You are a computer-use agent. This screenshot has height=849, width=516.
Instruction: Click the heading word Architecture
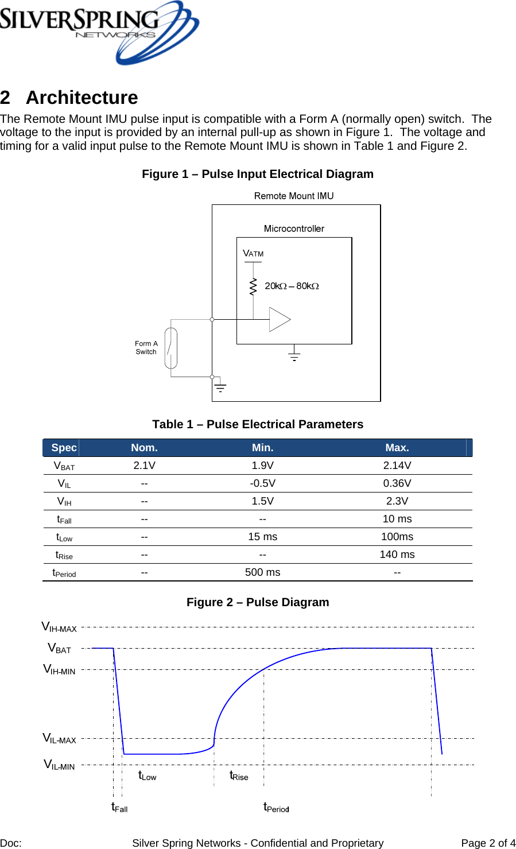point(82,98)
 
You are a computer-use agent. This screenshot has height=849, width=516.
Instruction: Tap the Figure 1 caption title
point(258,174)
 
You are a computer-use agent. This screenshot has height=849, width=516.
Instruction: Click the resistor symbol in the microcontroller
point(253,286)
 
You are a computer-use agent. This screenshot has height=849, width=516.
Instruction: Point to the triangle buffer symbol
point(279,320)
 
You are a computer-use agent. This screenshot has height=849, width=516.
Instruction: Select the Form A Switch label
point(146,348)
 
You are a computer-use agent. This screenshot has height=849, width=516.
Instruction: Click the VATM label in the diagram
point(253,253)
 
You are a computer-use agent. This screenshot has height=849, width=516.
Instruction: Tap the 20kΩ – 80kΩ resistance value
point(292,286)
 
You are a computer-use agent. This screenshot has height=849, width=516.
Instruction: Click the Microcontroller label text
point(294,228)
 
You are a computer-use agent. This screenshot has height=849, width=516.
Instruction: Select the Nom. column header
point(144,448)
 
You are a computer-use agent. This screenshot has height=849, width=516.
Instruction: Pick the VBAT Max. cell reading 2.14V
point(397,466)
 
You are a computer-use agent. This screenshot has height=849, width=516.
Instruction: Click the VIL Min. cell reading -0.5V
point(262,483)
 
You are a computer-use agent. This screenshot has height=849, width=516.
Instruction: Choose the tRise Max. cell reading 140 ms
point(397,555)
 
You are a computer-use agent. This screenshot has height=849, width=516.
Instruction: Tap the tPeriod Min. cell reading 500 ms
point(262,572)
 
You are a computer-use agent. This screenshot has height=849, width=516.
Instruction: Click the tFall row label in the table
point(64,520)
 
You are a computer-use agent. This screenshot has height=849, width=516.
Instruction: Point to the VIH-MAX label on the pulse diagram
point(59,627)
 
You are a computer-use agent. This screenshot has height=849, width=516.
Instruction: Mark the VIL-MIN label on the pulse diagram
point(60,765)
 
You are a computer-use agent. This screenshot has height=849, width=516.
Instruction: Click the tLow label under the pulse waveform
point(148,776)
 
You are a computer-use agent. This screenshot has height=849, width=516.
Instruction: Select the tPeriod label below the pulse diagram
point(276,808)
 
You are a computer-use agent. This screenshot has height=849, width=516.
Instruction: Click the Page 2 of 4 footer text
point(488,843)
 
